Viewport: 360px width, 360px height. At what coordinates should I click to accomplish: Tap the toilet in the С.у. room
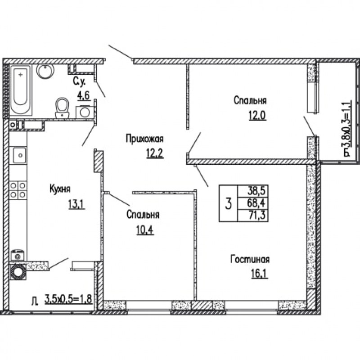tap(62, 108)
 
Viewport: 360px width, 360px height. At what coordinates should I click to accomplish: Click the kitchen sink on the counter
tap(20, 155)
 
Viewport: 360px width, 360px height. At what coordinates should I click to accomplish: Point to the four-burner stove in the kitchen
tap(18, 189)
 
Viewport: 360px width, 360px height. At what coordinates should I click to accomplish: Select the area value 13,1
tap(76, 204)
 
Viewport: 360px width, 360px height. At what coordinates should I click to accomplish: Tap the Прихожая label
tap(144, 139)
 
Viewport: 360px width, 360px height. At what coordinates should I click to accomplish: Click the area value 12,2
tap(155, 153)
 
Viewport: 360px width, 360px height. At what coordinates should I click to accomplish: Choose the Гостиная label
tap(250, 260)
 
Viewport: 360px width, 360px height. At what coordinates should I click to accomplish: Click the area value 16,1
tap(260, 274)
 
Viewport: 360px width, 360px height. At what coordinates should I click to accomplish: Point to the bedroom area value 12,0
tap(257, 115)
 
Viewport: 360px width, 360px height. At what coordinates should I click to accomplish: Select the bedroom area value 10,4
tap(145, 229)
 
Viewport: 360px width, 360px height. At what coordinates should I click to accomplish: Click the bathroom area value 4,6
tap(83, 95)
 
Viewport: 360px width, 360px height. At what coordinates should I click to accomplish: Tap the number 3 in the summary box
tap(228, 204)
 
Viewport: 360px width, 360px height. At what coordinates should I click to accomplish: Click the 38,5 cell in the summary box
tap(256, 190)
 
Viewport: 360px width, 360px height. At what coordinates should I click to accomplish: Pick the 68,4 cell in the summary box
tap(256, 203)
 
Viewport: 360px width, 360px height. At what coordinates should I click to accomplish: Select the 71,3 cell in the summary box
tap(256, 216)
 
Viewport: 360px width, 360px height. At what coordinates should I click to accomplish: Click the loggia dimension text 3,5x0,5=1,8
tap(68, 299)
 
